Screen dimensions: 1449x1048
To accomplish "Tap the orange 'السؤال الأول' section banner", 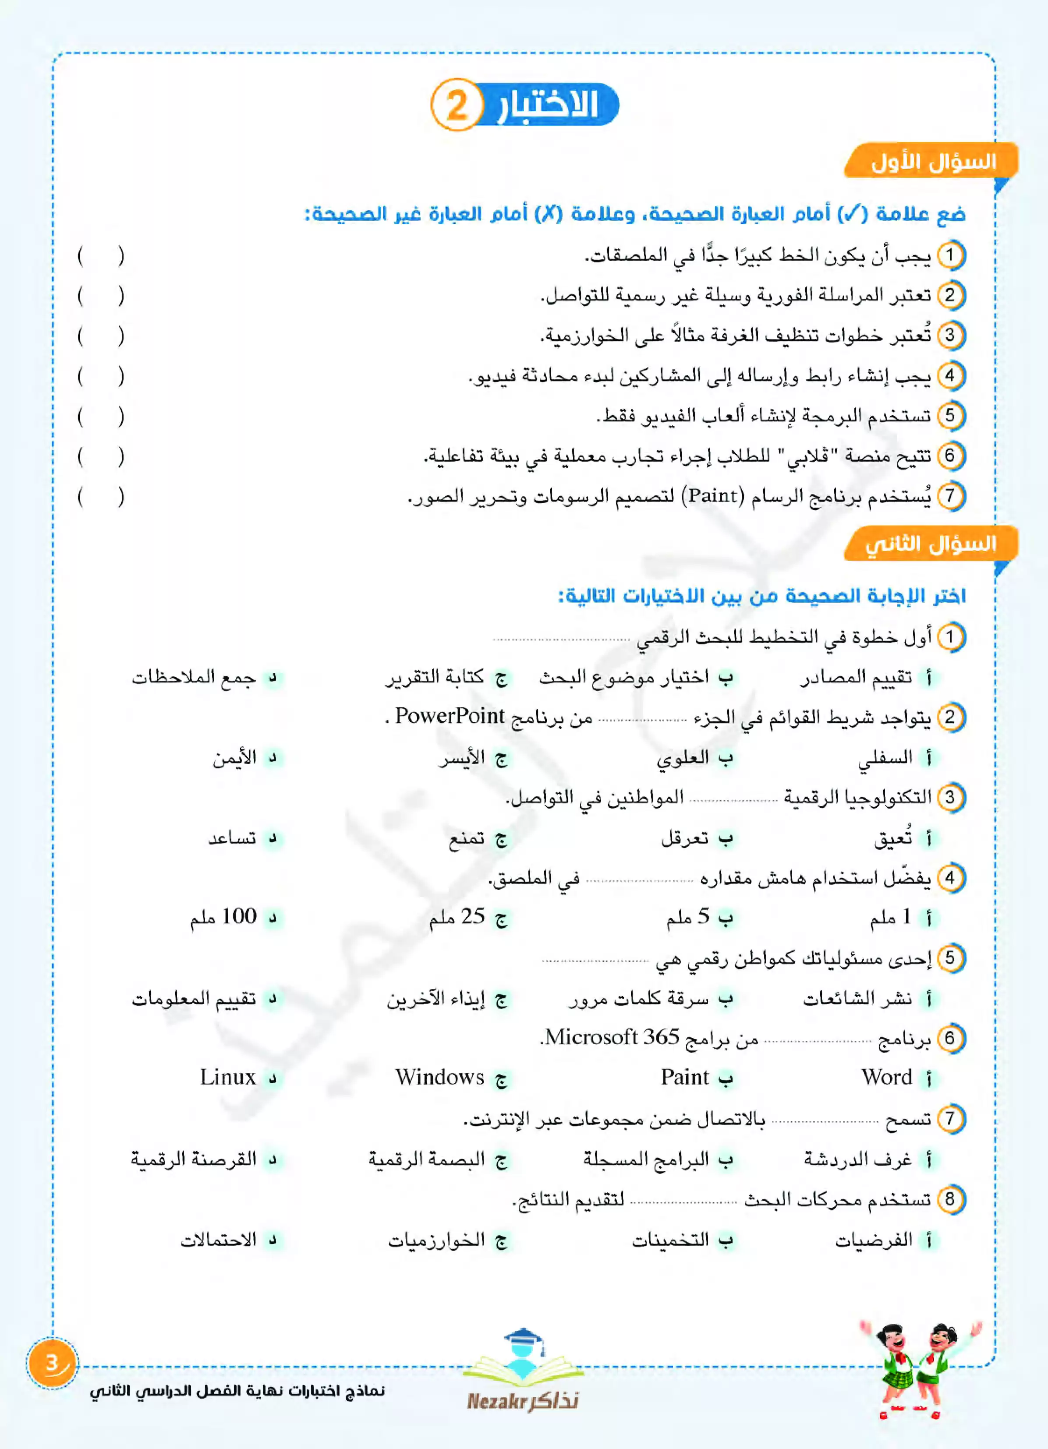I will pyautogui.click(x=932, y=162).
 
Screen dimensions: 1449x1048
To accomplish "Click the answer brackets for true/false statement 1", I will pyautogui.click(x=100, y=256).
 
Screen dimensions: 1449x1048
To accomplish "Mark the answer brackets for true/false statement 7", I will pyautogui.click(x=100, y=496).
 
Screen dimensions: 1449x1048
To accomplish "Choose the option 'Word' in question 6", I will pyautogui.click(x=886, y=1077).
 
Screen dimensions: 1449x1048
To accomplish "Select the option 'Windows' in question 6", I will pyautogui.click(x=439, y=1077).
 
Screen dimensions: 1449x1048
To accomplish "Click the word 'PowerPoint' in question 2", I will pyautogui.click(x=450, y=716).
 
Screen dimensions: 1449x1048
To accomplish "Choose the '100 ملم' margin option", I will pyautogui.click(x=223, y=917).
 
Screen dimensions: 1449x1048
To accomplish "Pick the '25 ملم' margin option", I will pyautogui.click(x=457, y=917).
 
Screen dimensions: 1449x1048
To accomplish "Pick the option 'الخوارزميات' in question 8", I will pyautogui.click(x=436, y=1240).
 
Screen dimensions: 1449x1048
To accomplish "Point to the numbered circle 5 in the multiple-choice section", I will pyautogui.click(x=950, y=958).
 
